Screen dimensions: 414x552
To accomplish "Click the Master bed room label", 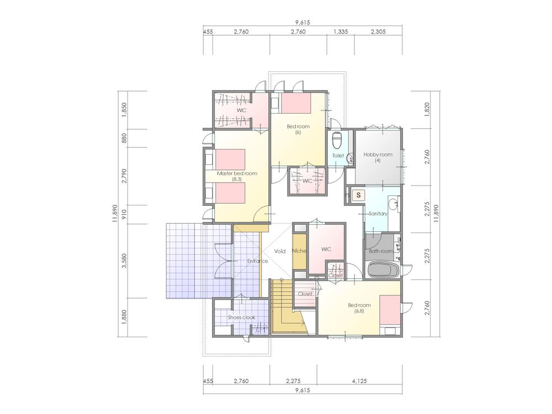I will coord(237,173).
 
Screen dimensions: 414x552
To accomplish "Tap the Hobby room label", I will coord(378,155).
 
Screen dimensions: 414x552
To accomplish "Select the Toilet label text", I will coord(338,156).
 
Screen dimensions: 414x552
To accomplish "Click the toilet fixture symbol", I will coord(338,140).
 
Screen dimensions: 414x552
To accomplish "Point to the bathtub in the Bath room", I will coord(382,271).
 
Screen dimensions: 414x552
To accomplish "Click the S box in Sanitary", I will coord(359,195).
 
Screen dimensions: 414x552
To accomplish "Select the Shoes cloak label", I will coord(241,318).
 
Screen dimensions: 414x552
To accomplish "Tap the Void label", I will coord(280,251).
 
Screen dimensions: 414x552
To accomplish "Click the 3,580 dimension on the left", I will coord(124,261).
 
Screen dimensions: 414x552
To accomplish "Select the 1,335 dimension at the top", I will coord(341,32).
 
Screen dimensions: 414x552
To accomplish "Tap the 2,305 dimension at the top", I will coord(377,32).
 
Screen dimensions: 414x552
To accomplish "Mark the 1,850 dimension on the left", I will coord(124,109).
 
